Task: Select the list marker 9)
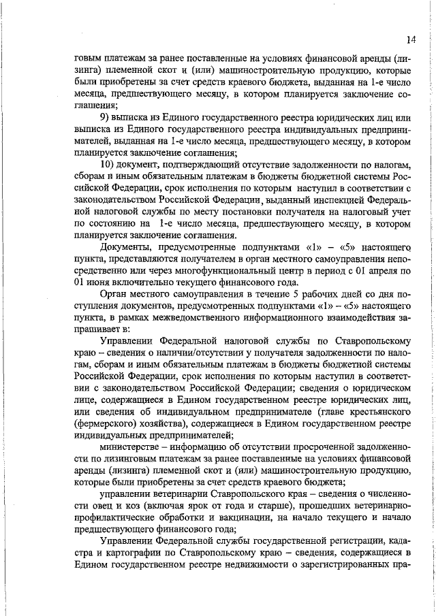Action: coord(106,118)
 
